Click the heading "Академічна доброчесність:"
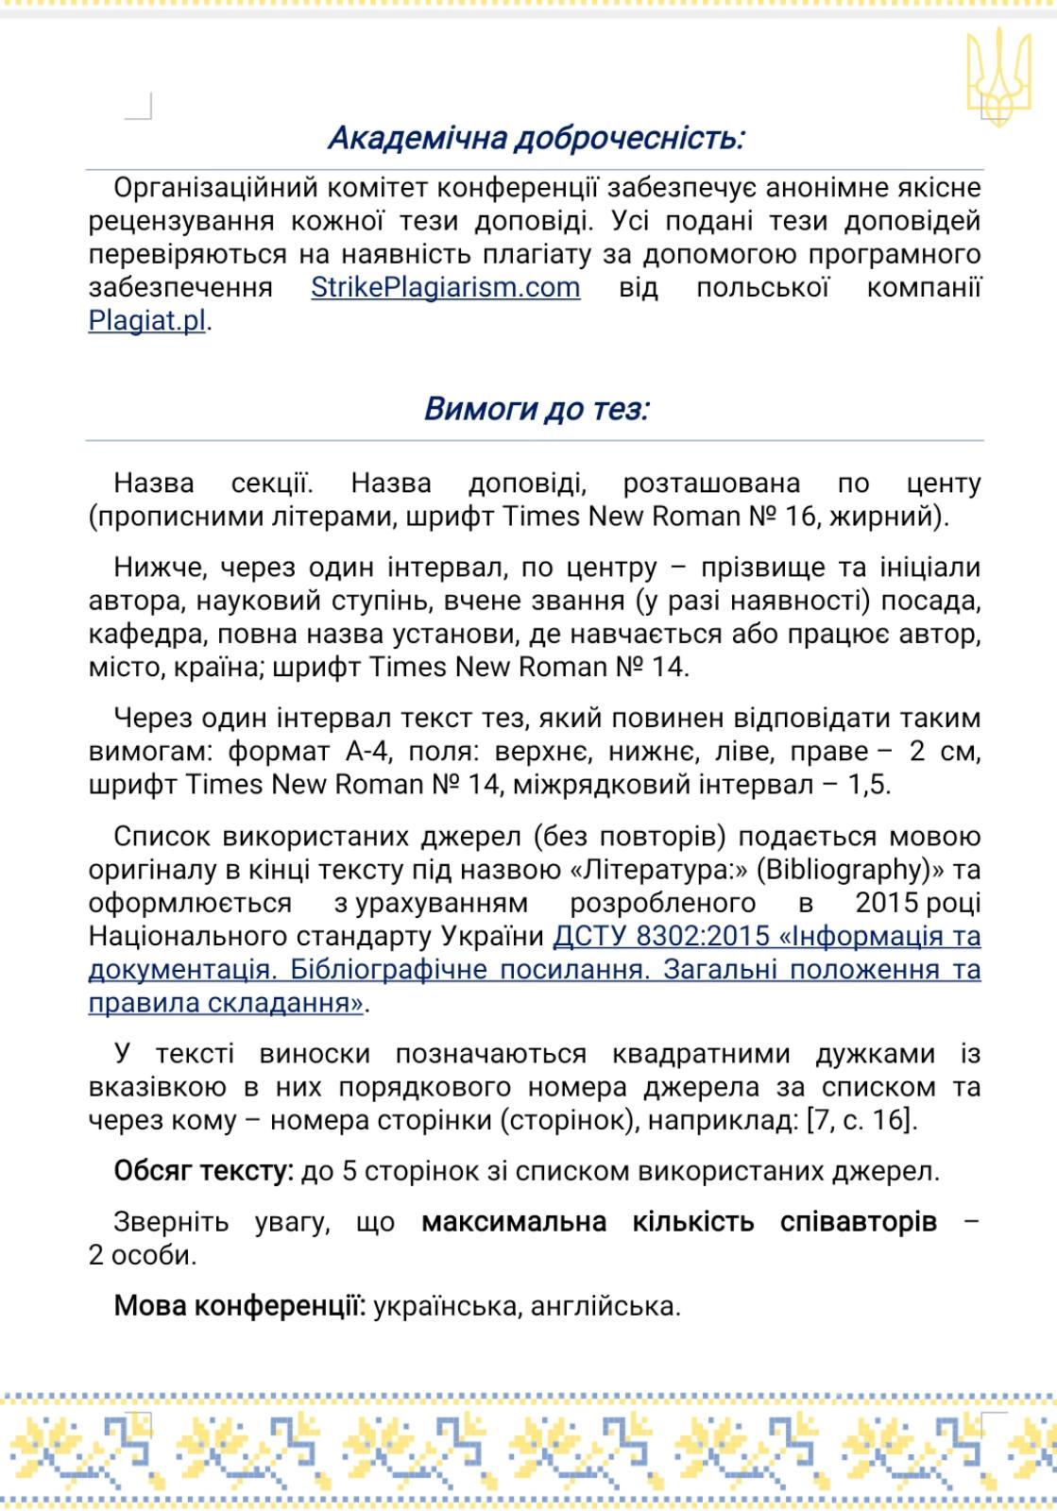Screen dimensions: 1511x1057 [537, 139]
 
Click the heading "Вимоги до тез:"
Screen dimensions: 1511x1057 [537, 409]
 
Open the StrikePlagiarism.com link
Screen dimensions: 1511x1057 [446, 287]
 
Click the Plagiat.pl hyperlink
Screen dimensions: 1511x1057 [147, 320]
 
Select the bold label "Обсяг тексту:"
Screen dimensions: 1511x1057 [203, 1172]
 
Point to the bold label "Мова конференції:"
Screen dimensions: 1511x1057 [240, 1307]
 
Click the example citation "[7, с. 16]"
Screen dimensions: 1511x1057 [861, 1121]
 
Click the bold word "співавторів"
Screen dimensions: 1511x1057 [858, 1222]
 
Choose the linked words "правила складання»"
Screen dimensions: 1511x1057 [226, 1003]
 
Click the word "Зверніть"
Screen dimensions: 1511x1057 [171, 1222]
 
